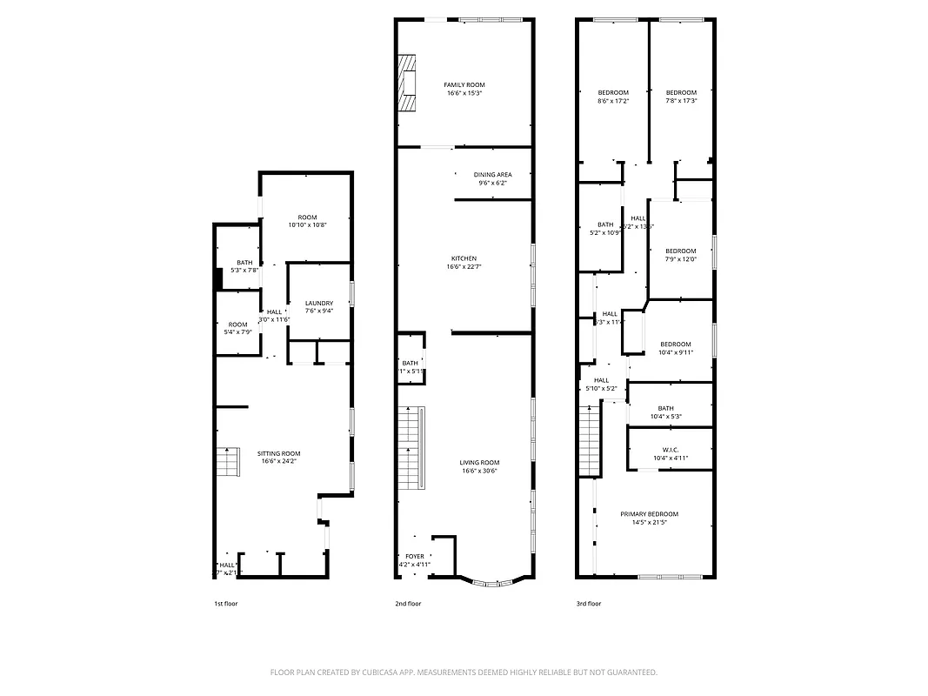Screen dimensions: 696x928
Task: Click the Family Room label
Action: (x=464, y=84)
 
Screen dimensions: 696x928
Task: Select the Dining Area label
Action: (x=492, y=175)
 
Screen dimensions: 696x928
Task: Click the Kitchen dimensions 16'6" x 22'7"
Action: (x=464, y=267)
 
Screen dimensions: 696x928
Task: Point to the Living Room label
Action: (x=479, y=463)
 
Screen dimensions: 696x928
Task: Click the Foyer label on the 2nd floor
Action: (x=414, y=556)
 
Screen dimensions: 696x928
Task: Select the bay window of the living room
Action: (x=493, y=581)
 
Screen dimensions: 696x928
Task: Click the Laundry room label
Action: (x=318, y=303)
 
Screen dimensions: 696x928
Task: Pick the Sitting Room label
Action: (x=278, y=453)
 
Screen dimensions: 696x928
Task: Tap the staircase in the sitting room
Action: (x=227, y=462)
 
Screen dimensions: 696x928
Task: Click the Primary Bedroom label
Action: (x=649, y=514)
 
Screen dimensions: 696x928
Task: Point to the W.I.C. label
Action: (x=670, y=450)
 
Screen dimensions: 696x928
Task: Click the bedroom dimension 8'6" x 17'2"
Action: (x=612, y=101)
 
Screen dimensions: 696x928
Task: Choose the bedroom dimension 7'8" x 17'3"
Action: (x=681, y=101)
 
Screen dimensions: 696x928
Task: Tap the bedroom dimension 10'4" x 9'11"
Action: (x=675, y=352)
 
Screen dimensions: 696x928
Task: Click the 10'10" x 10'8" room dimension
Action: (x=307, y=225)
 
